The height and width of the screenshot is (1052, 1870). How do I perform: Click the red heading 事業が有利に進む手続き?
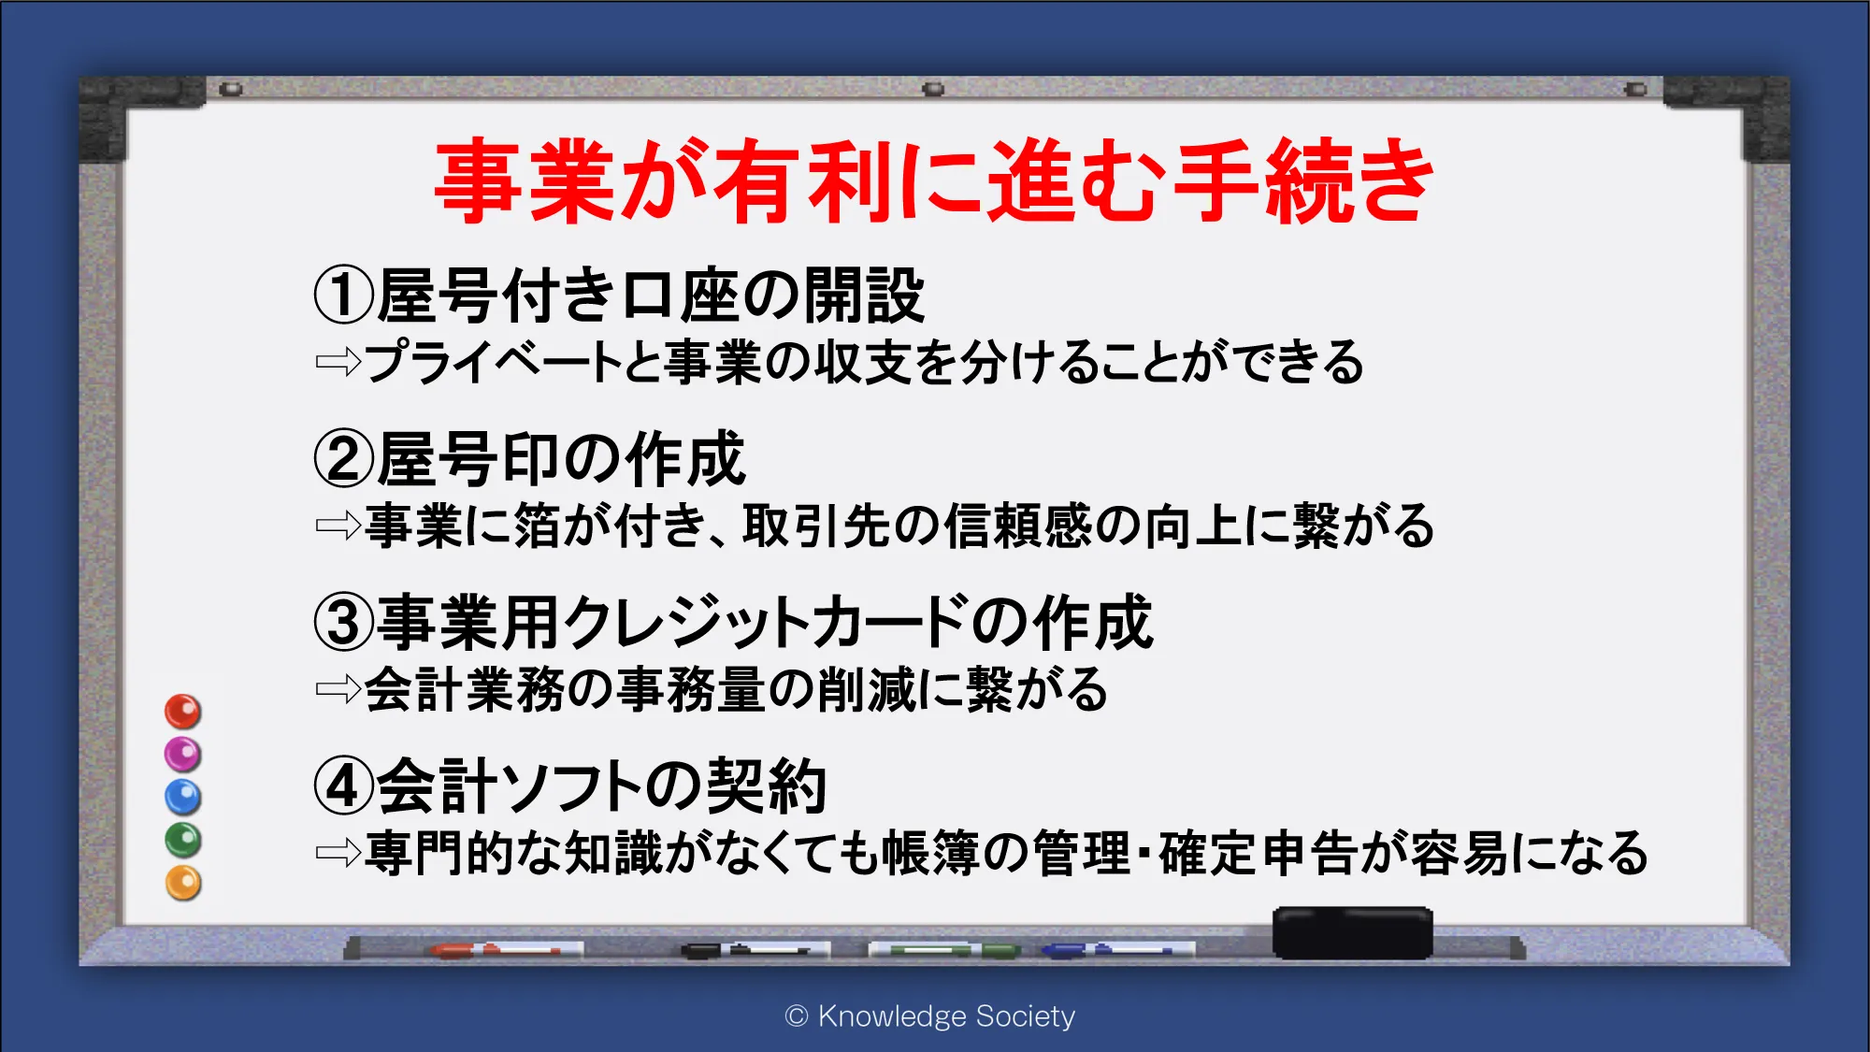[x=934, y=180]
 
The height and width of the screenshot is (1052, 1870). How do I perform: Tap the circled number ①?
[x=344, y=295]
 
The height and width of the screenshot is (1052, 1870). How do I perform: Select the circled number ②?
[x=344, y=459]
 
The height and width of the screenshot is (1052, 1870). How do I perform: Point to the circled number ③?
[x=344, y=623]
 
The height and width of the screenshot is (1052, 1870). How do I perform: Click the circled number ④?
[x=344, y=785]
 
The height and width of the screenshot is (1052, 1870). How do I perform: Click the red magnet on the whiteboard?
[x=183, y=712]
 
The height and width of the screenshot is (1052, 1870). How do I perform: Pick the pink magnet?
[x=183, y=754]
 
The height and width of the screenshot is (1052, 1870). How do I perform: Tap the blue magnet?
[x=183, y=797]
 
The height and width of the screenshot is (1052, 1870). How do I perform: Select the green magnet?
[x=183, y=840]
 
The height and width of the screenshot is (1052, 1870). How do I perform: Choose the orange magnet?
[x=183, y=883]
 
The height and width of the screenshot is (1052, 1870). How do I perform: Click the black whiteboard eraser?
[x=1352, y=932]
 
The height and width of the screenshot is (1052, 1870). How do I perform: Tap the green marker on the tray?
[x=944, y=950]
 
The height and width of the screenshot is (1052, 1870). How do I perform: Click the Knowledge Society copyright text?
[x=930, y=1016]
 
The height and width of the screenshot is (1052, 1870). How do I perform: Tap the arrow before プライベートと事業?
[x=338, y=362]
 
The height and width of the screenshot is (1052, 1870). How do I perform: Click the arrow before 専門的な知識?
[x=338, y=852]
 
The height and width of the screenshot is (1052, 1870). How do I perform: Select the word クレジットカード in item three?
[x=766, y=623]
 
